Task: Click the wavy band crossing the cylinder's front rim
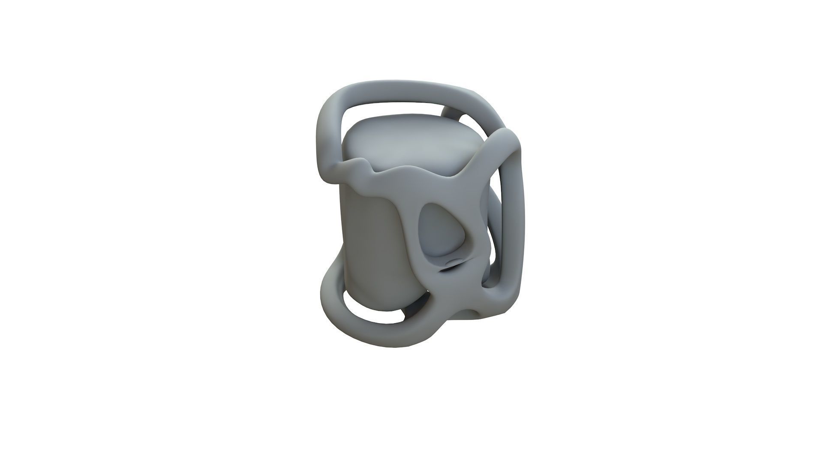tap(386, 180)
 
